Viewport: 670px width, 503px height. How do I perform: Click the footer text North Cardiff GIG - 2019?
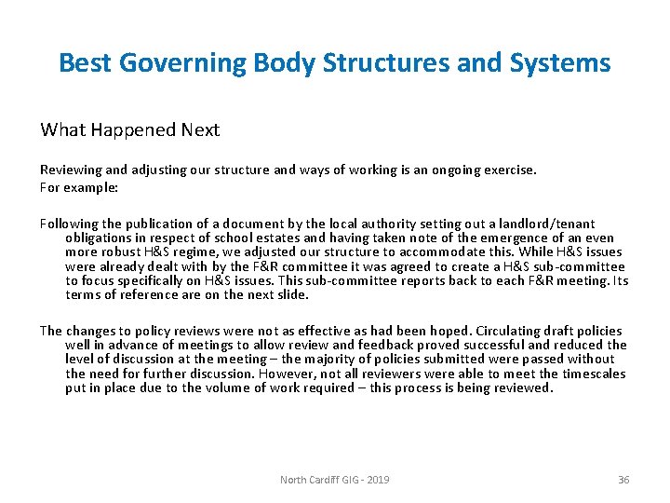[x=335, y=480]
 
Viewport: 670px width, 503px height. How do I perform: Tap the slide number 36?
[x=623, y=480]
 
